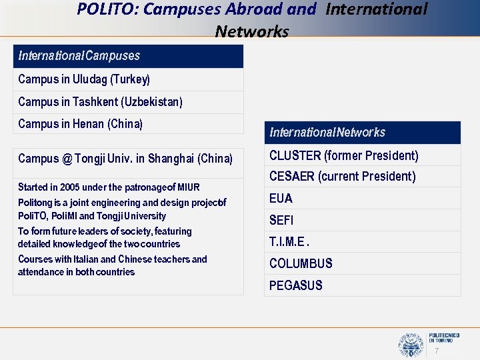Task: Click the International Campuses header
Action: tap(79, 55)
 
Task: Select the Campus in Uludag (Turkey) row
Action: tap(84, 79)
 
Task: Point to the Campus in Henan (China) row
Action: tap(81, 123)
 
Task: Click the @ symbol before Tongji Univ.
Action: tap(67, 159)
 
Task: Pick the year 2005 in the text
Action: tap(67, 187)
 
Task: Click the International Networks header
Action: tap(327, 133)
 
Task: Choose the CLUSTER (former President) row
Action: tap(344, 156)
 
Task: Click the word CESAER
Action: tap(291, 177)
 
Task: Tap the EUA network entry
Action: tap(281, 199)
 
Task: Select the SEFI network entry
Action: tap(281, 220)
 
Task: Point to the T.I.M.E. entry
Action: tap(289, 242)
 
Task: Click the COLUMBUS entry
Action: tap(301, 263)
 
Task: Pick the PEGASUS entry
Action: tap(296, 285)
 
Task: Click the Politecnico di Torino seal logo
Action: tap(410, 345)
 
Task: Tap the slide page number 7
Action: tap(437, 351)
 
